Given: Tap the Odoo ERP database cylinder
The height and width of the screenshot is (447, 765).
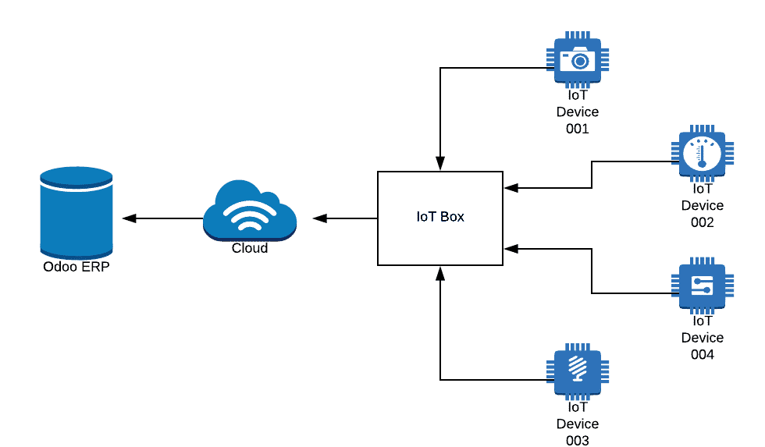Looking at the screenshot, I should pyautogui.click(x=76, y=215).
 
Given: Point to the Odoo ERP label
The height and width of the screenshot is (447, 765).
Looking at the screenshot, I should pyautogui.click(x=76, y=267).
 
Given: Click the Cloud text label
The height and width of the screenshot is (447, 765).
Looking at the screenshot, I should pyautogui.click(x=250, y=248).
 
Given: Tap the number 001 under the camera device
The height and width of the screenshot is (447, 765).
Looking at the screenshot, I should pyautogui.click(x=577, y=129).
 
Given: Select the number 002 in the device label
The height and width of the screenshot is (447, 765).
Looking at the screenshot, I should pyautogui.click(x=702, y=223).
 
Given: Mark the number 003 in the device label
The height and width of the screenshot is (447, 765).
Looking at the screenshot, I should pyautogui.click(x=577, y=441).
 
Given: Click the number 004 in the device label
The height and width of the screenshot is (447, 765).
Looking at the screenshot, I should pyautogui.click(x=702, y=355).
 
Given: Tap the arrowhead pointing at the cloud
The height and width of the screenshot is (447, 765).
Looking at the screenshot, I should pyautogui.click(x=319, y=218).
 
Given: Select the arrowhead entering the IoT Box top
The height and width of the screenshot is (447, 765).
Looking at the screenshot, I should pyautogui.click(x=440, y=164).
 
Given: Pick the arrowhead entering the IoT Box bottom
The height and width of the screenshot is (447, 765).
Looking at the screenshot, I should pyautogui.click(x=440, y=272).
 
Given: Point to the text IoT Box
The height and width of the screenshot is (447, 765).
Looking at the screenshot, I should pyautogui.click(x=440, y=217).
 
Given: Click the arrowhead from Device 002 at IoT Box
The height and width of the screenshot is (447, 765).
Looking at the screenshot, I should pyautogui.click(x=511, y=187).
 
